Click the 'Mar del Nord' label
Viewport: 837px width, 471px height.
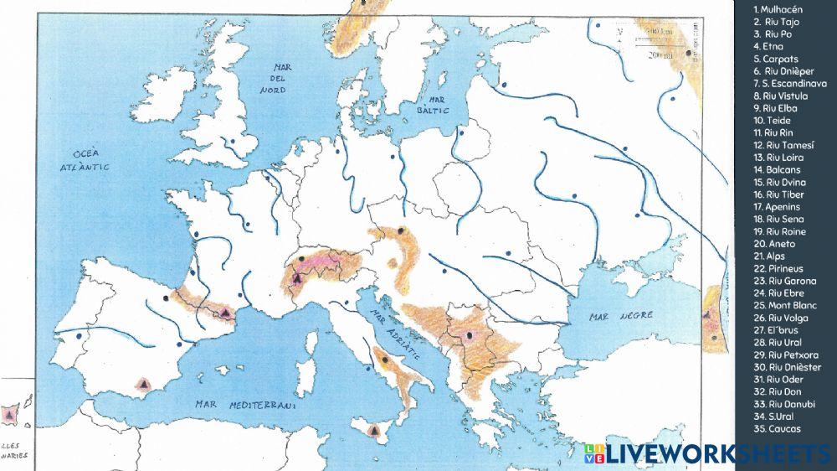(x=274, y=78)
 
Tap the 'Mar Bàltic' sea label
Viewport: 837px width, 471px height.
(x=435, y=105)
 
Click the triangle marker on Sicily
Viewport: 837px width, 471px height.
(x=373, y=429)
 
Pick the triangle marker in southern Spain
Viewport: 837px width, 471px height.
(x=145, y=383)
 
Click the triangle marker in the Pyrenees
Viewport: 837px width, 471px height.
(x=224, y=313)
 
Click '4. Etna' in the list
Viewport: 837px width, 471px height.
(x=768, y=46)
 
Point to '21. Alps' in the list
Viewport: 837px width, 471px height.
(x=771, y=256)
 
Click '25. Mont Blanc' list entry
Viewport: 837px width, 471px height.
(x=783, y=305)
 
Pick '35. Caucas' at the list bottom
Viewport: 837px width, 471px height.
(x=777, y=428)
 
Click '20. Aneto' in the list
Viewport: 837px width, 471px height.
(x=773, y=243)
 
